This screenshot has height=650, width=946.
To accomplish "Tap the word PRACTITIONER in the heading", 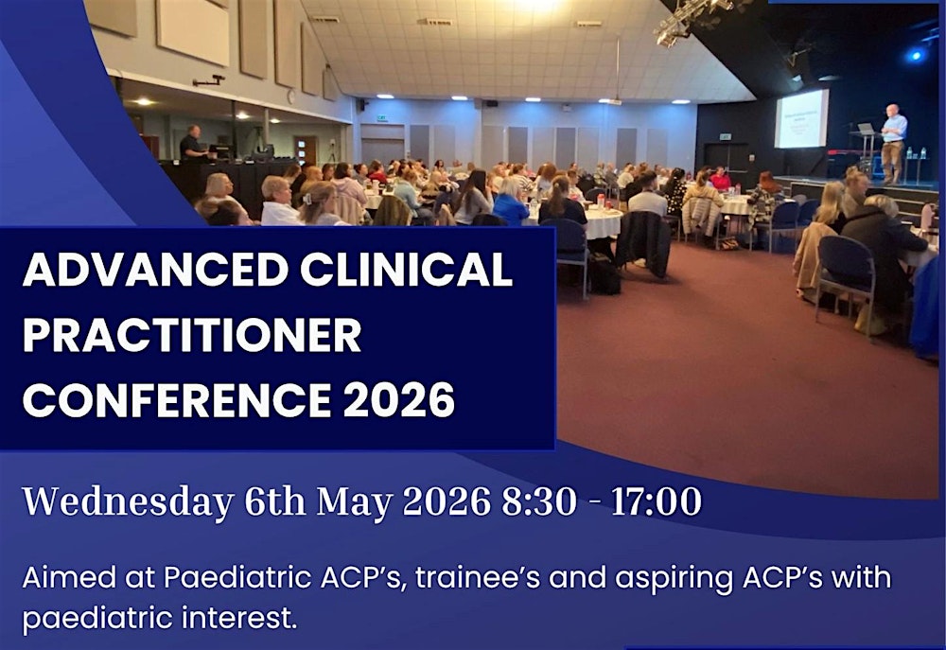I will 191,335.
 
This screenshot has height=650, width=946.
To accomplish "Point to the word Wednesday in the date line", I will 128,501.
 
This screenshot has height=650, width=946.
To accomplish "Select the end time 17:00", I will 656,501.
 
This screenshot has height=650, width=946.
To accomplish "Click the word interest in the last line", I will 243,620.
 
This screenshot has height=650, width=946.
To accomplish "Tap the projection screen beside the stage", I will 801,118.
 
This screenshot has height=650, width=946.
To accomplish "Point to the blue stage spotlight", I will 915,55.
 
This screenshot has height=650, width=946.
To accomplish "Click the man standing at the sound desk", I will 192,144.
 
